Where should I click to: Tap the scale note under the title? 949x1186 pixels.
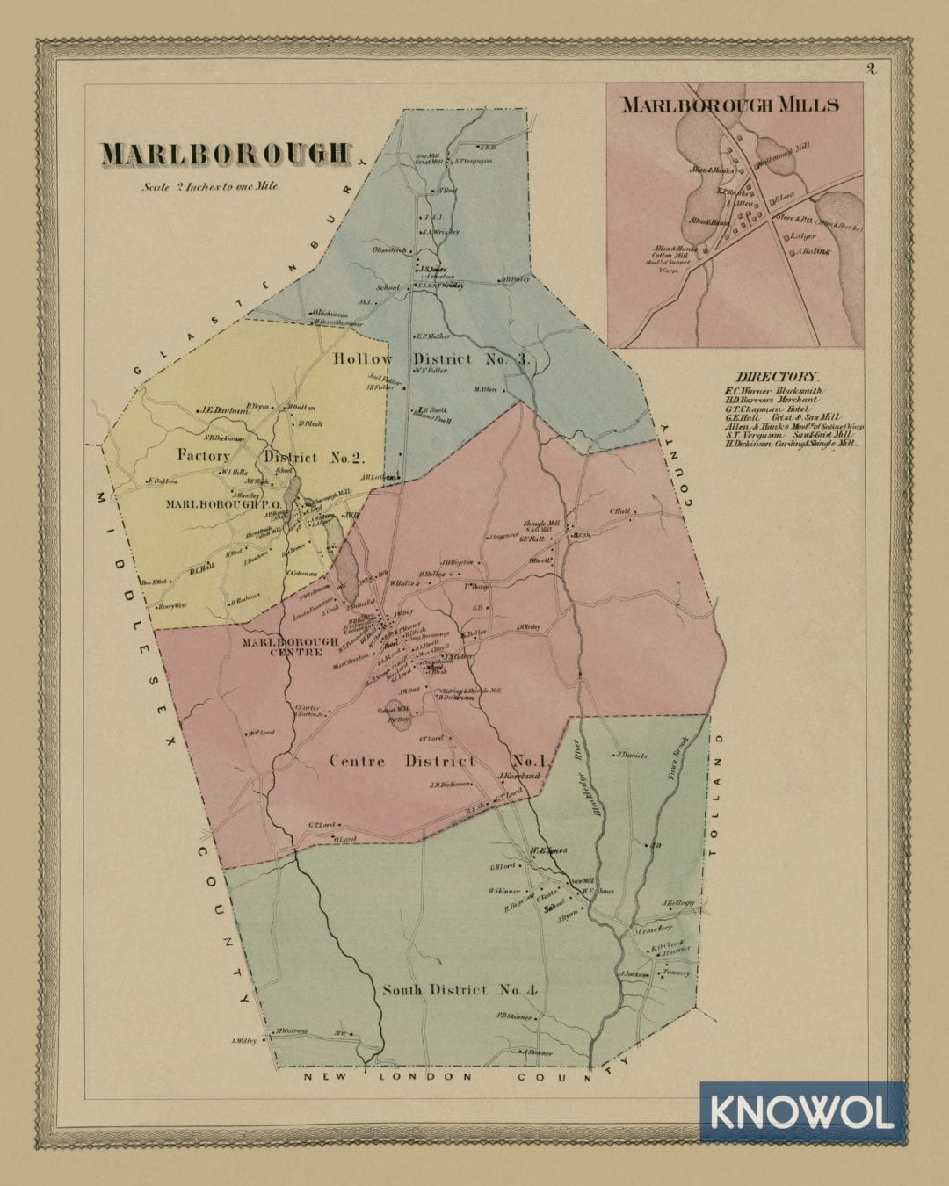tap(210, 186)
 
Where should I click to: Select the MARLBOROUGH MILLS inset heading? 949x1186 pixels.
tap(730, 105)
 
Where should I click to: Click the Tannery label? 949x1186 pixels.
tap(677, 973)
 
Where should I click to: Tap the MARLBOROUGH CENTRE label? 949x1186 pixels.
tap(290, 647)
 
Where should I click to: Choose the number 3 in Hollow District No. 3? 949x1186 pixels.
tap(523, 358)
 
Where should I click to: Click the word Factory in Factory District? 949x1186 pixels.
tap(204, 456)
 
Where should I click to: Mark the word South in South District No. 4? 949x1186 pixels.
tap(402, 990)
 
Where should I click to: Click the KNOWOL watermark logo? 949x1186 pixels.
tap(801, 1112)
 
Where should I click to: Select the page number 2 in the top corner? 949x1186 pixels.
tap(871, 69)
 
